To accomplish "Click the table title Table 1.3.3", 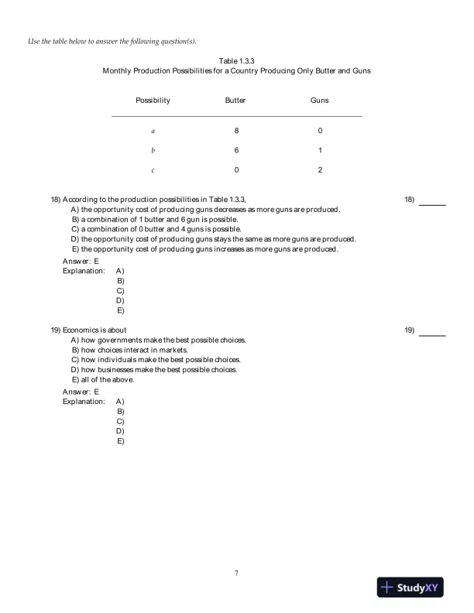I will (237, 60).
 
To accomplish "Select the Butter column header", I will (235, 101).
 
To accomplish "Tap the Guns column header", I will (319, 101).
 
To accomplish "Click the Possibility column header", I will (153, 101).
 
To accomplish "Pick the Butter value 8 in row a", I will (236, 130).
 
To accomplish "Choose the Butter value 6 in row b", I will (236, 150).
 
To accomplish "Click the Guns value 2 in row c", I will (320, 170).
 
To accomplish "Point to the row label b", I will (153, 150).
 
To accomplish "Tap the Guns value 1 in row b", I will (320, 150).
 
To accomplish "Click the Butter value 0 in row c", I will (236, 170).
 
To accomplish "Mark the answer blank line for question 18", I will (432, 204).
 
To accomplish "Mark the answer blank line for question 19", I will (432, 335).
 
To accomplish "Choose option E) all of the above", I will (102, 380).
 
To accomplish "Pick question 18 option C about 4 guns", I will (156, 229).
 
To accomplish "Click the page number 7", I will (236, 573).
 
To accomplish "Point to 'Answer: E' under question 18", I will (81, 262).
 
